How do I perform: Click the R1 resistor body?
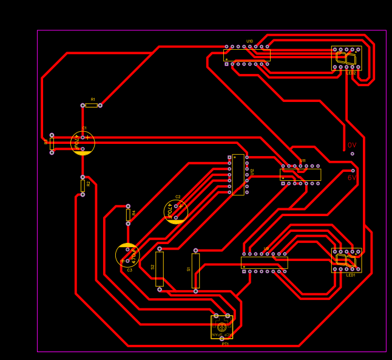click(92, 105)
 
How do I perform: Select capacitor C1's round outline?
click(83, 143)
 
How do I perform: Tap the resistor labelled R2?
click(83, 186)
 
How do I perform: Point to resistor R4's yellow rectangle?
click(128, 215)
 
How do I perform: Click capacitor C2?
click(176, 211)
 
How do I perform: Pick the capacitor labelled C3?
click(127, 254)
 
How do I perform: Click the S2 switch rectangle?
click(160, 269)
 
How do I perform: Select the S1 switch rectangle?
click(195, 270)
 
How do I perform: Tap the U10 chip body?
click(246, 55)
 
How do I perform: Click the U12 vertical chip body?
click(238, 175)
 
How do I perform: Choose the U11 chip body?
click(300, 174)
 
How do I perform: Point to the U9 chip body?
click(265, 262)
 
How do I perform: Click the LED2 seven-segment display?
click(346, 58)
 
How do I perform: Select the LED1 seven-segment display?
click(346, 260)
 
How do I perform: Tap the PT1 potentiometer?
click(221, 327)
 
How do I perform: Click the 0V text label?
click(352, 145)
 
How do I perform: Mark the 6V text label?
click(352, 178)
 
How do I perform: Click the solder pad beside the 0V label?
click(352, 154)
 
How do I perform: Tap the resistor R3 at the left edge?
click(52, 144)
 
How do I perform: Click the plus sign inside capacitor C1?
click(87, 138)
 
